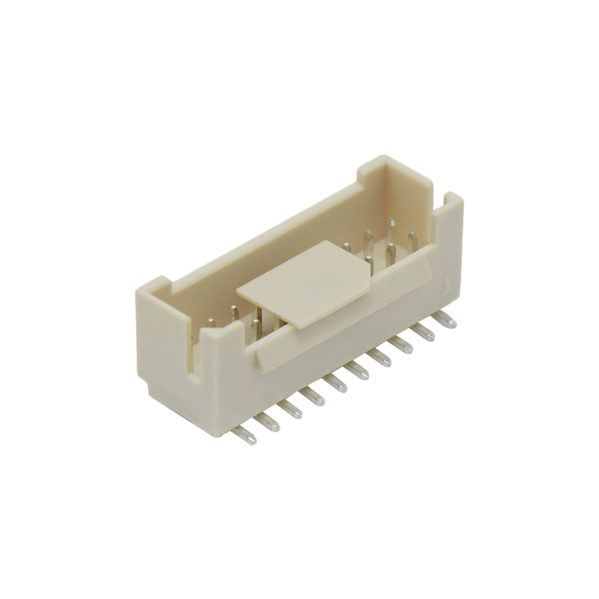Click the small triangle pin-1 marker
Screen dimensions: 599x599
(447, 283)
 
